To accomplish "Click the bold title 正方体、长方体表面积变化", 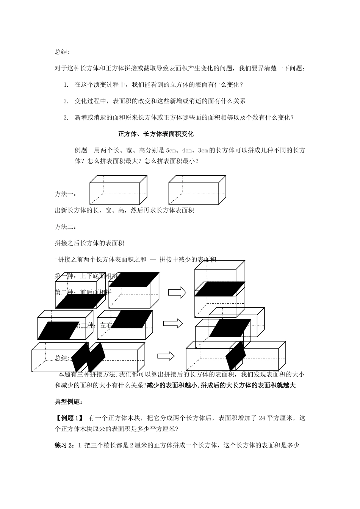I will coord(156,134).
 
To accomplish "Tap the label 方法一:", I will coord(65,194).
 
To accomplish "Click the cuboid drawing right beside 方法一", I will coord(118,190).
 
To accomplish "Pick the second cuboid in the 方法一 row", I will coord(197,190).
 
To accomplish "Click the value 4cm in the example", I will coord(188,150).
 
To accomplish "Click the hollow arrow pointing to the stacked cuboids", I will coord(177,292).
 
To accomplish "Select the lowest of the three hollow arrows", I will coord(166,356).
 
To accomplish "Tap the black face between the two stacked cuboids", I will coord(219,289).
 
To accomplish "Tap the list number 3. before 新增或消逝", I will coord(66,117).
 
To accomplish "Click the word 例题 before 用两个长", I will coord(81,150).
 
